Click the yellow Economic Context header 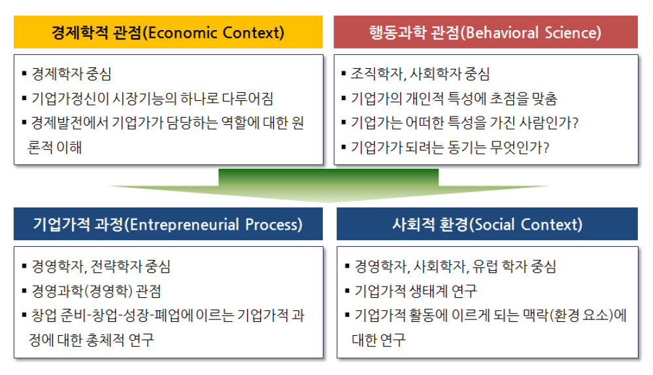click(168, 32)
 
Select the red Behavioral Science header click(486, 32)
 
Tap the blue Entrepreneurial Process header click(168, 224)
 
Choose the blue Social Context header click(487, 224)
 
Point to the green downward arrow click(328, 186)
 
